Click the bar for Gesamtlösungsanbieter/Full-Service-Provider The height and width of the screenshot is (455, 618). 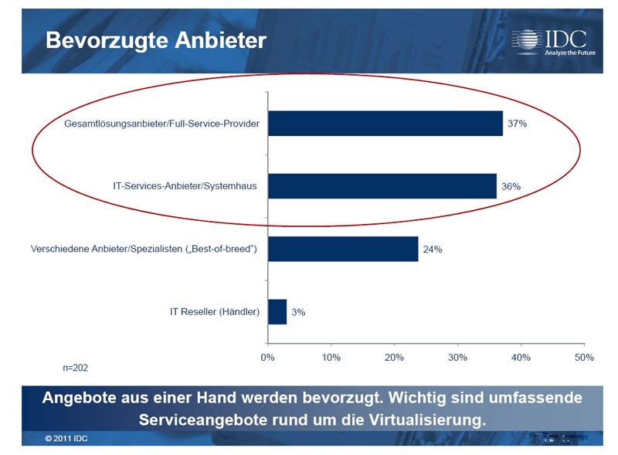point(385,124)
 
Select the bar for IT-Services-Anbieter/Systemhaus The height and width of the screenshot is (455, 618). point(382,186)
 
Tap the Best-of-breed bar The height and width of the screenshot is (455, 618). point(343,249)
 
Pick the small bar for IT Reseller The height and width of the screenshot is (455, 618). point(277,312)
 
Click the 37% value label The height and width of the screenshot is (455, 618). point(517,124)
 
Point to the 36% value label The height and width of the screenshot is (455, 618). point(511,186)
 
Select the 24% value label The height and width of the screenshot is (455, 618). point(432,250)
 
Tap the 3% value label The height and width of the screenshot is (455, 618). point(298,312)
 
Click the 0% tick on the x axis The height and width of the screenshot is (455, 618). point(268,358)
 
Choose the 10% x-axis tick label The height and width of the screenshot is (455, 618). point(331,358)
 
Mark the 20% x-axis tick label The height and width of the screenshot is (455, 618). point(394,358)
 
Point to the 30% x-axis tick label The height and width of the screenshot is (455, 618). point(457,358)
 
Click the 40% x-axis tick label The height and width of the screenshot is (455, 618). point(521,358)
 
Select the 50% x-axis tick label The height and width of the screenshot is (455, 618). point(583,358)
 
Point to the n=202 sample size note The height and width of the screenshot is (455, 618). point(75,368)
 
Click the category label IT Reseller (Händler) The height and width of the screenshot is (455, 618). point(214,312)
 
